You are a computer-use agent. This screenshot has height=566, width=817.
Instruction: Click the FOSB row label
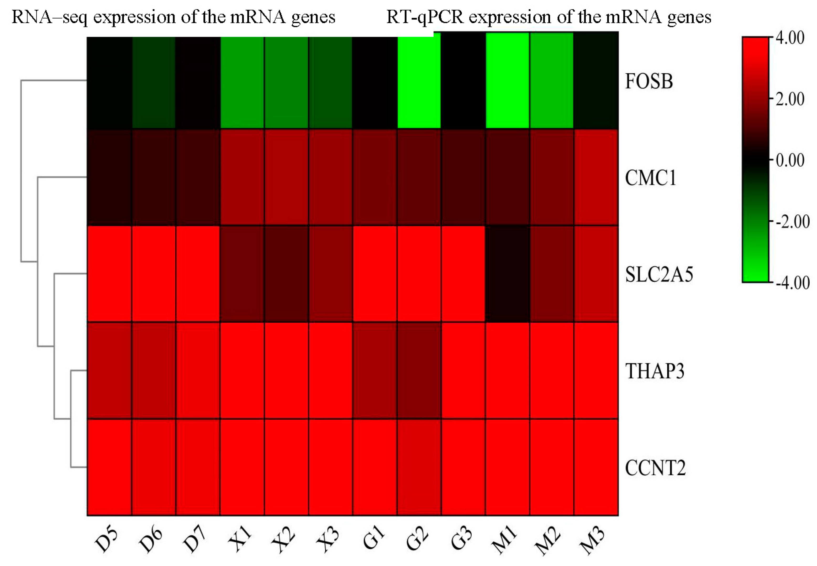tap(649, 81)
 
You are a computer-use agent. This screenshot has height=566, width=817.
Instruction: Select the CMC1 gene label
tap(650, 178)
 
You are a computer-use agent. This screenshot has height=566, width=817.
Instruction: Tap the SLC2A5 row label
tap(659, 274)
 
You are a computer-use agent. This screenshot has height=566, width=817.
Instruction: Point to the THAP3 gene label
tap(655, 371)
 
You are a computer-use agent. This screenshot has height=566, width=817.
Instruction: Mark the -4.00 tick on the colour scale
tap(792, 283)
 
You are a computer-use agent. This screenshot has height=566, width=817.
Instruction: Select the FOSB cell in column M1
tap(507, 81)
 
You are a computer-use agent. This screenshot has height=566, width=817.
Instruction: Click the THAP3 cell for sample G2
tap(419, 371)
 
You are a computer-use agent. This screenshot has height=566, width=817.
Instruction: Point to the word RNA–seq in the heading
tap(49, 17)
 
